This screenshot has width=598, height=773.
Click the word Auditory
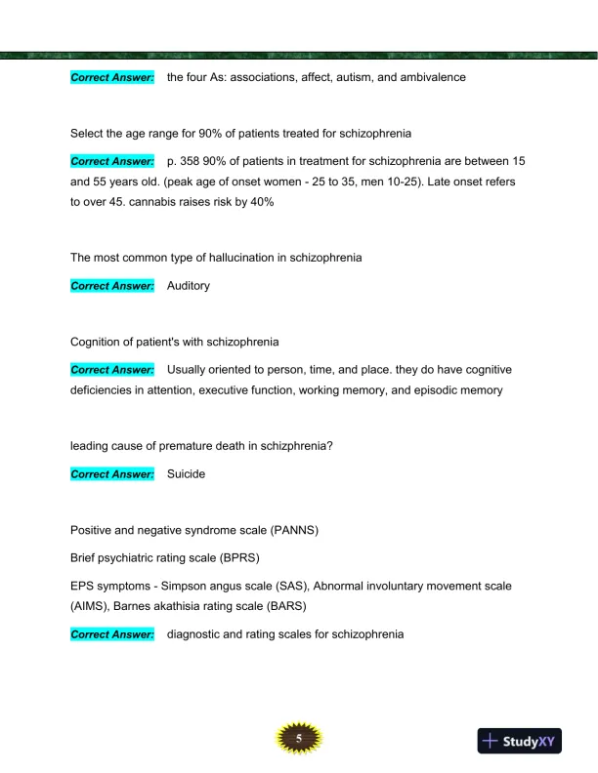pyautogui.click(x=189, y=287)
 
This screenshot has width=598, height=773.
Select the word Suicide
pyautogui.click(x=187, y=474)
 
